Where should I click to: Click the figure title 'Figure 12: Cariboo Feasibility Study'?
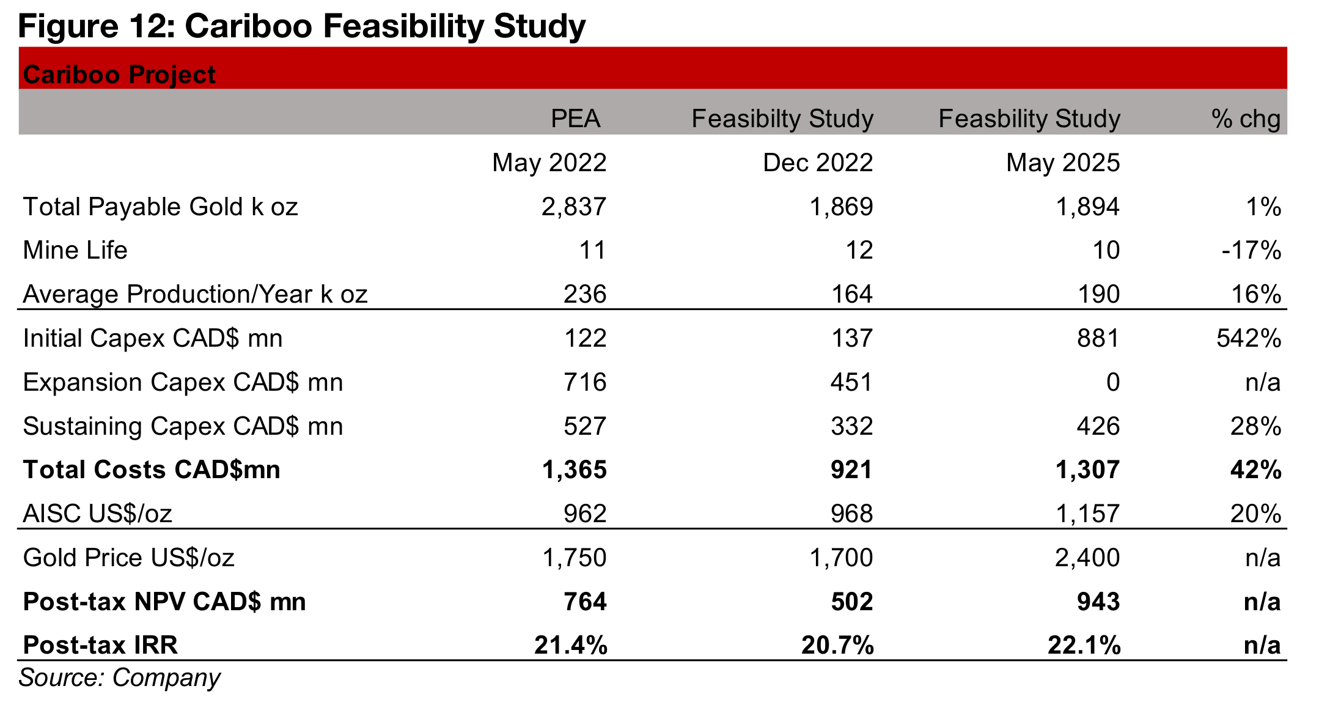(302, 26)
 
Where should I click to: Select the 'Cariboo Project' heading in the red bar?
(119, 75)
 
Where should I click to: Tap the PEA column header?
(575, 119)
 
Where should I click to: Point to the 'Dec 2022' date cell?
(818, 163)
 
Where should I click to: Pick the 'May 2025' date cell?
(1063, 163)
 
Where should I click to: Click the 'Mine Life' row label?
(75, 250)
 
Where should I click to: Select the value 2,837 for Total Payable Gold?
(574, 207)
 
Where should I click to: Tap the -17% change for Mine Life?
(1251, 250)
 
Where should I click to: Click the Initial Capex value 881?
(1098, 338)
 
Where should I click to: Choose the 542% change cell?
(1249, 338)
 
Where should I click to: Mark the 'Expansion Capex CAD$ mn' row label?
(183, 382)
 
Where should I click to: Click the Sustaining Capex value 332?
(851, 426)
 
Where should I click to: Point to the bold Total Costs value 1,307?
(1087, 470)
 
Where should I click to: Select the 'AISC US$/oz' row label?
(97, 514)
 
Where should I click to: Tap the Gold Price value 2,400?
(1087, 558)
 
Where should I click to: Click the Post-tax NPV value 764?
(585, 602)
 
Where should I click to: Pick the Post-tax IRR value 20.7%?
(837, 645)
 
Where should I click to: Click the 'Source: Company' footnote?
(119, 678)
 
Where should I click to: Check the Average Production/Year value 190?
(1098, 294)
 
